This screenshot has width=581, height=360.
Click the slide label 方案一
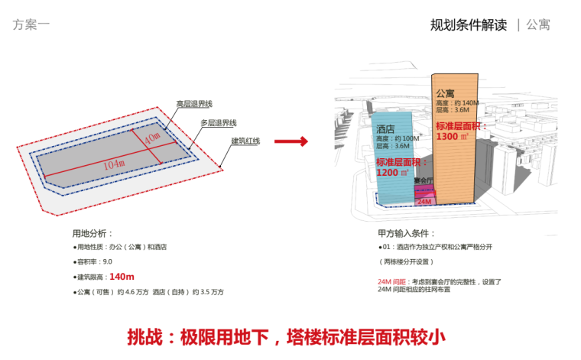pos(31,24)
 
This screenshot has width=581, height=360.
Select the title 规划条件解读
pos(469,24)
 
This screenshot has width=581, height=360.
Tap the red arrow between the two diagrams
pos(290,141)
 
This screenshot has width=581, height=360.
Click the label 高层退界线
pos(194,104)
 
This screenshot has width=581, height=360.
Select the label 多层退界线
pos(219,122)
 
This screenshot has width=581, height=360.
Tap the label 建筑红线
pos(246,141)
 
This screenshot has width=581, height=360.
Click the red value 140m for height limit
pos(122,277)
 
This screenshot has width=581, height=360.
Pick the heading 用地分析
pos(92,232)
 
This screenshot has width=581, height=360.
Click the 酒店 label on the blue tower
pos(385,129)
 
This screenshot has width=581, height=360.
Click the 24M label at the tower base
pos(424,200)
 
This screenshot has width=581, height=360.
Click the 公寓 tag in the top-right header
pos(538,24)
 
